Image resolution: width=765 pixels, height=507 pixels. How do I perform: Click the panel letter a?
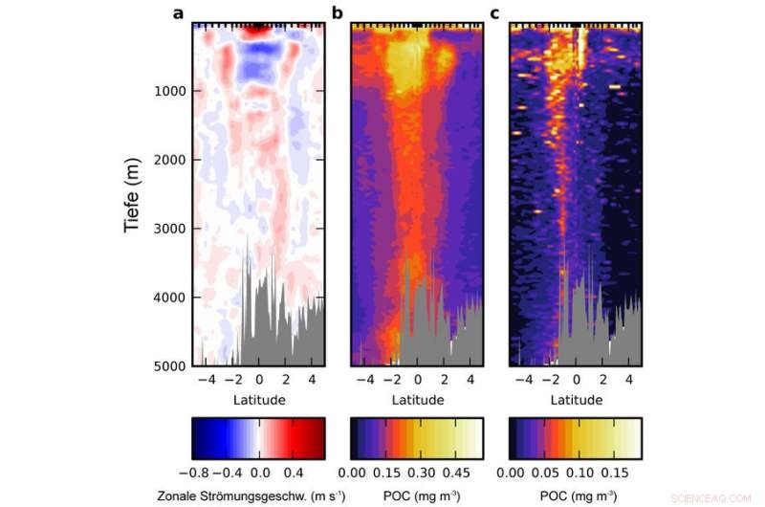click(x=178, y=12)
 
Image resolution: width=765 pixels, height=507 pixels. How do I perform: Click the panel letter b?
click(x=337, y=12)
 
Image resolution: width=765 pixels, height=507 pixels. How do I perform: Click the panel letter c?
click(x=494, y=12)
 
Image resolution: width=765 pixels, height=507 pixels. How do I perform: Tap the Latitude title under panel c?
click(x=575, y=399)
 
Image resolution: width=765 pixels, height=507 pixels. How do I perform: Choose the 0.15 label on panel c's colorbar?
click(x=614, y=473)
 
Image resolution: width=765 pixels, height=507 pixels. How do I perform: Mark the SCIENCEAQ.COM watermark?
click(x=717, y=498)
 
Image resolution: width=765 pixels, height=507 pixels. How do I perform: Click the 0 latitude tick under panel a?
click(x=258, y=380)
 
